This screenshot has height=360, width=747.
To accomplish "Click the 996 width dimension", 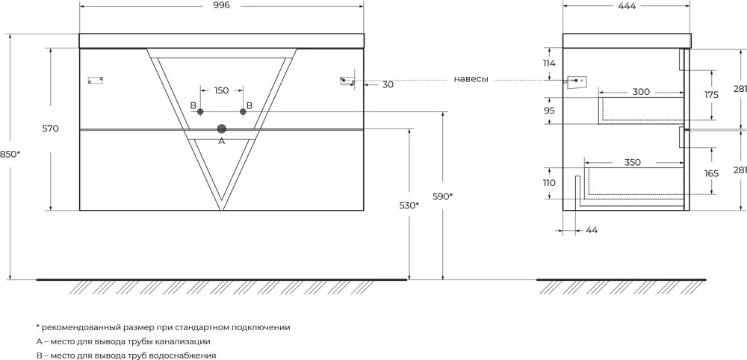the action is (x=221, y=5).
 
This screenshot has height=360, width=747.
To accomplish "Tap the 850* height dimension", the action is (x=10, y=155).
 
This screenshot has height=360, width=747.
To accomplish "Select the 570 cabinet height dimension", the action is (x=50, y=128).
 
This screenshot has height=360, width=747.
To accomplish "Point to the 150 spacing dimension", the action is (x=221, y=90).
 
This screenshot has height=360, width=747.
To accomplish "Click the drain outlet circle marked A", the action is (x=222, y=128).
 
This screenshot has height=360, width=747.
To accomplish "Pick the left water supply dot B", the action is (x=200, y=111).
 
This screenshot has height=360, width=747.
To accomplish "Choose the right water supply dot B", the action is (x=243, y=111).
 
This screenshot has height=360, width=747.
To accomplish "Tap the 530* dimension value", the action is (x=409, y=205).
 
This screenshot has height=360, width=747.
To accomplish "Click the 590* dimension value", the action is (x=442, y=196).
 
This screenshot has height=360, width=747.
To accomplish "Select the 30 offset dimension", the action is (x=388, y=84).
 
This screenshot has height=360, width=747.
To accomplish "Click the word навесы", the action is (x=471, y=79).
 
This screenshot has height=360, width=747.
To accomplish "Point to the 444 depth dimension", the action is (x=627, y=5).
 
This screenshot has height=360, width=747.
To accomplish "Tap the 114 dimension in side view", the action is (x=549, y=63).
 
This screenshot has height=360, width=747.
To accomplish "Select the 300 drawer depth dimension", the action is (x=641, y=92).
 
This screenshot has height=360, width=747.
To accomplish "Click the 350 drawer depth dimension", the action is (x=632, y=162).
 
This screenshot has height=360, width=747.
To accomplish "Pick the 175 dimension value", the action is (x=711, y=95).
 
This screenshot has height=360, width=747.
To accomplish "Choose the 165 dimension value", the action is (x=711, y=174).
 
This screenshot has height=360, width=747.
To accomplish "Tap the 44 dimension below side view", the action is (x=592, y=230).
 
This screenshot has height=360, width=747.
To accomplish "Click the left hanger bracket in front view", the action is (x=96, y=80).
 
